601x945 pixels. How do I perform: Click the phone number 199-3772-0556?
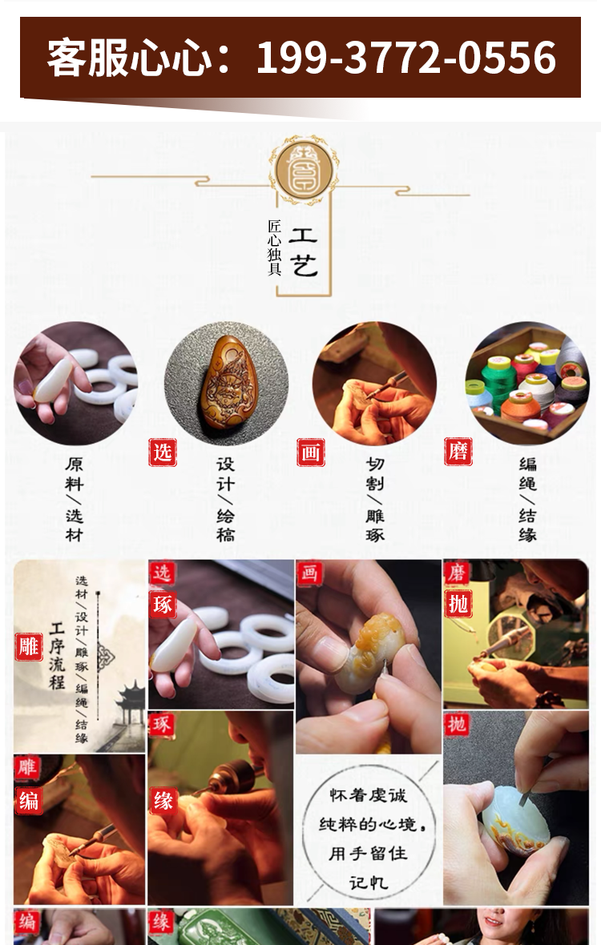pos(405,58)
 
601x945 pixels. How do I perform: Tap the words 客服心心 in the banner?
pos(130,58)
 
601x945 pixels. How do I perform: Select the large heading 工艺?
pos(303,252)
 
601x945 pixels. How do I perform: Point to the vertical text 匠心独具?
pos(274,247)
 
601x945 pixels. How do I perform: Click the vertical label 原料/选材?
pos(75,499)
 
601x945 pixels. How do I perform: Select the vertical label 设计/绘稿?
pos(225,499)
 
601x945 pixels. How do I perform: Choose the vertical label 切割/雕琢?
pos(374,499)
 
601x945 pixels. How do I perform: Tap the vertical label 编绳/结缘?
pos(527,499)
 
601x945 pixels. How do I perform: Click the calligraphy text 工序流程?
pos(57,657)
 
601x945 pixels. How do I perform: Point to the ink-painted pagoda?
pos(130,705)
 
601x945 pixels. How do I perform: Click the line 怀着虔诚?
pos(369,795)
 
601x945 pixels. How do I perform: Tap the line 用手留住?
pos(369,854)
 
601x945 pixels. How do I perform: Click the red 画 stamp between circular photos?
pos(311,452)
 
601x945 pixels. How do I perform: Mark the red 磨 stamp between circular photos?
pos(458,452)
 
